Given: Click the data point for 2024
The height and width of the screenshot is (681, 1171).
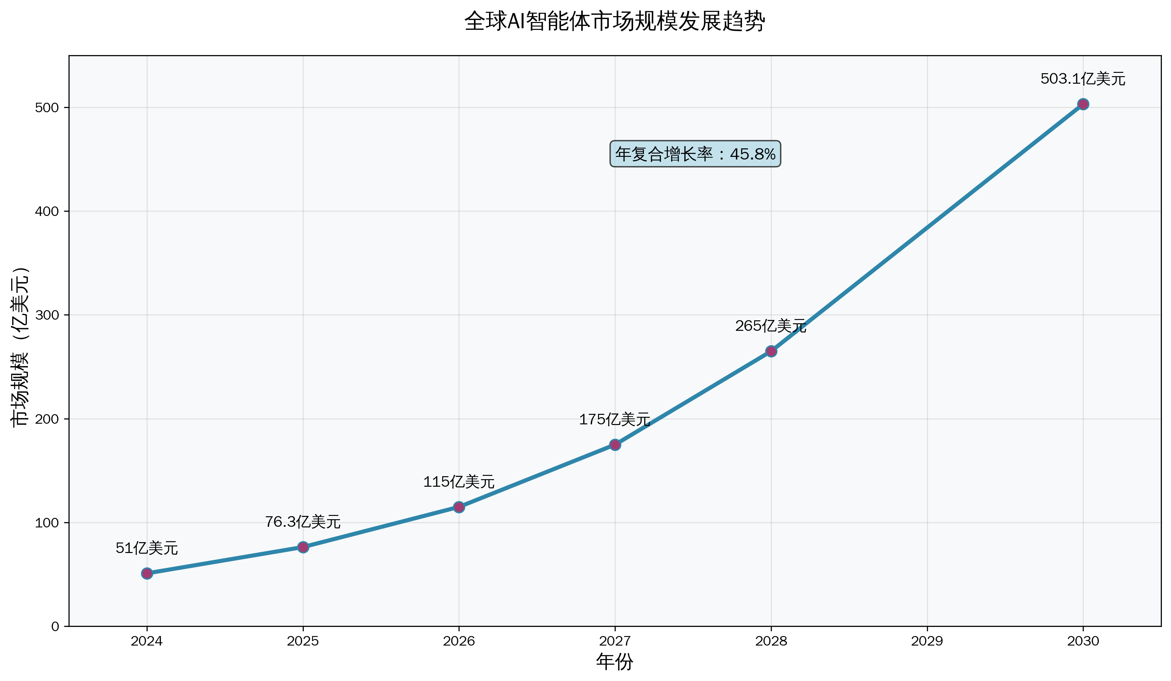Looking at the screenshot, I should (x=147, y=573).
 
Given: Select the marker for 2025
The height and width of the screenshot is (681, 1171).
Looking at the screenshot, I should (x=303, y=547).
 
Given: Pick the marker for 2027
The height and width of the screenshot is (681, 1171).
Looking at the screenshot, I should (x=615, y=445).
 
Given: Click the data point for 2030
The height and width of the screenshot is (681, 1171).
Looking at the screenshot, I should (x=1083, y=104).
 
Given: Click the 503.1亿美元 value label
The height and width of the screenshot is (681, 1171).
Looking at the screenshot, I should (x=1083, y=79).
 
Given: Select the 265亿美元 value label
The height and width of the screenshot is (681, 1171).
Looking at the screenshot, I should (x=770, y=326).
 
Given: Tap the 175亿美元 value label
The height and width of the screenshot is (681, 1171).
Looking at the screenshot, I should (x=614, y=420).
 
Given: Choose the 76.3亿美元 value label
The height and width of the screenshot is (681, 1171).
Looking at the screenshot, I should (x=303, y=522).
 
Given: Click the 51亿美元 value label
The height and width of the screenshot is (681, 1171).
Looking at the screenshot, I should (x=147, y=548).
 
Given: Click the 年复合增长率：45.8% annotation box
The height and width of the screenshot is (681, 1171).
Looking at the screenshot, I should (x=695, y=154).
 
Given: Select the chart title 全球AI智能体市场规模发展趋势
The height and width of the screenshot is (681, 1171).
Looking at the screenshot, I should (x=614, y=21).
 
